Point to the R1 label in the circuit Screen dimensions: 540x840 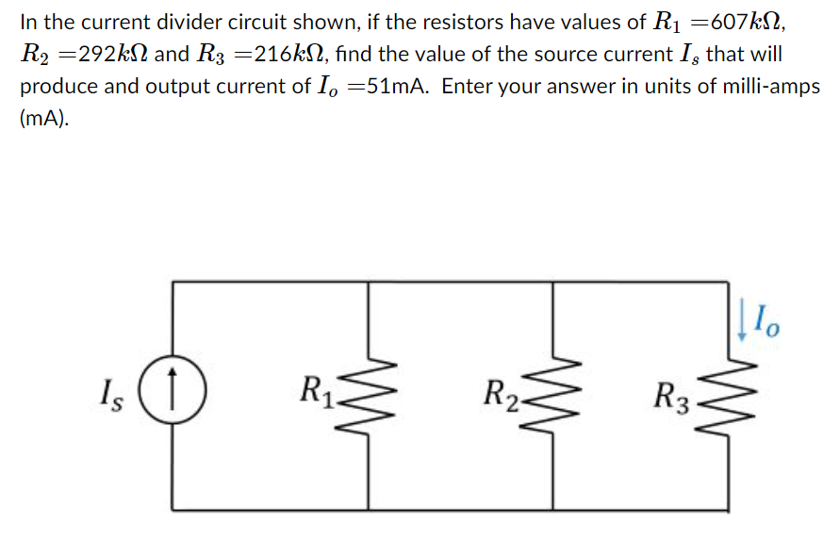315,388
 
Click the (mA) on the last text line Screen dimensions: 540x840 43,120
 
